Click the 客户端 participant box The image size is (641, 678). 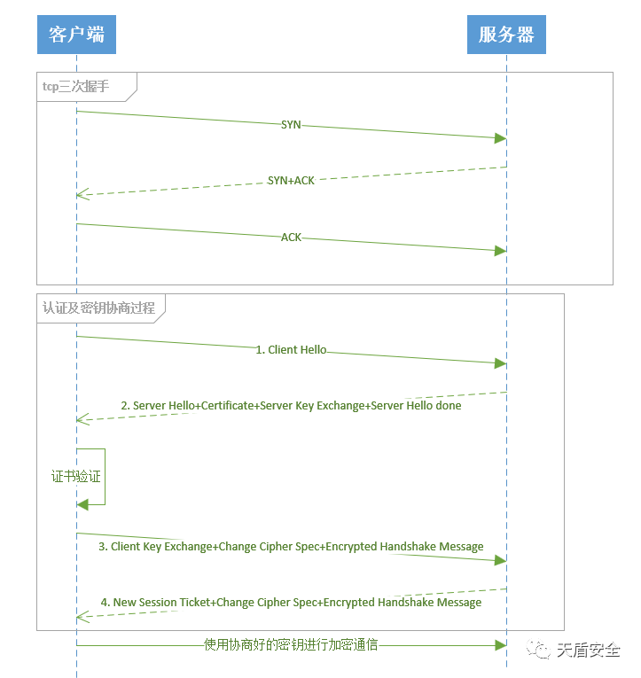point(76,35)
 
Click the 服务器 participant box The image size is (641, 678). point(506,35)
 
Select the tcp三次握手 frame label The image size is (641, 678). point(76,86)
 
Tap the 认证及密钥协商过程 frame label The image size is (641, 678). point(98,308)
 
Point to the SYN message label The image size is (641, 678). point(291,125)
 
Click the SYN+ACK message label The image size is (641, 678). point(291,180)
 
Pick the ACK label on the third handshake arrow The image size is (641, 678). point(291,238)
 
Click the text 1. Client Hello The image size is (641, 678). point(291,350)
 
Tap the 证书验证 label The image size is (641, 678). point(76,477)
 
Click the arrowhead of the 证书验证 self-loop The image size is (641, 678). point(82,504)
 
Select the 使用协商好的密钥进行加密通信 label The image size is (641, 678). point(291,644)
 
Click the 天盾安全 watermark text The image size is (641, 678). point(588,650)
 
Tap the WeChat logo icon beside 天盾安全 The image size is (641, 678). point(539,650)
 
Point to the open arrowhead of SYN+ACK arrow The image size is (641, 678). point(82,194)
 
